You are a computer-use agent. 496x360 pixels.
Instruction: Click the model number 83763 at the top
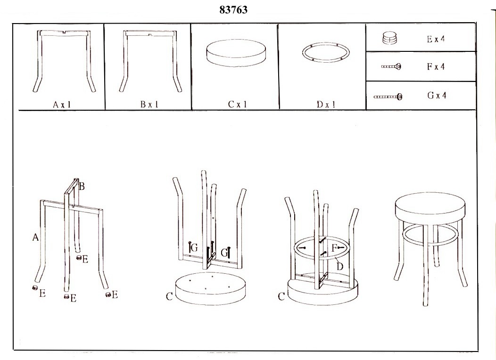(x=233, y=10)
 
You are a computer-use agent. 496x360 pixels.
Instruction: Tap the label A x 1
(x=62, y=105)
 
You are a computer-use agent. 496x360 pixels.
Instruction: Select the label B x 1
(x=149, y=104)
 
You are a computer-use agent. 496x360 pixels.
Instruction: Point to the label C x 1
(x=238, y=104)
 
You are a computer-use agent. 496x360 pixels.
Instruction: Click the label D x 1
(x=326, y=104)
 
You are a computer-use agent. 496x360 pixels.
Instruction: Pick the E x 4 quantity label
(x=436, y=39)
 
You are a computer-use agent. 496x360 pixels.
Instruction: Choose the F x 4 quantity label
(x=436, y=66)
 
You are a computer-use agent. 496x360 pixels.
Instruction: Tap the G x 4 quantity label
(x=437, y=95)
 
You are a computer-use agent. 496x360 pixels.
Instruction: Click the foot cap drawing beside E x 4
(x=390, y=38)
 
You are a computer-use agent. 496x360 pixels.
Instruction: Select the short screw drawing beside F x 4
(x=391, y=67)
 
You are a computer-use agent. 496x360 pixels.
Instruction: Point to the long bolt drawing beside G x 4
(x=388, y=97)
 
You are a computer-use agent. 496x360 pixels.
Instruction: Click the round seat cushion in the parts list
(x=236, y=52)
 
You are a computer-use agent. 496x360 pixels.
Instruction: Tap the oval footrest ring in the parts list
(x=326, y=47)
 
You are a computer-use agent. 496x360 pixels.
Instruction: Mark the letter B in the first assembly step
(x=82, y=187)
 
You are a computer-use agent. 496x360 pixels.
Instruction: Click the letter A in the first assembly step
(x=35, y=237)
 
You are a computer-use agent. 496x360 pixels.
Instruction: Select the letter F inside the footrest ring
(x=334, y=248)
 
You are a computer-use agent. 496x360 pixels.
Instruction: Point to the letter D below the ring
(x=340, y=266)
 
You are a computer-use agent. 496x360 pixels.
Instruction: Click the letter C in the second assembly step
(x=169, y=296)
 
